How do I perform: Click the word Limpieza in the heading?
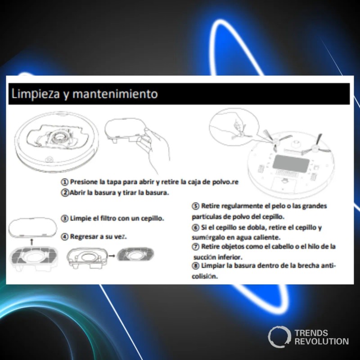click(36, 94)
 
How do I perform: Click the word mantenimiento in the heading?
click(115, 94)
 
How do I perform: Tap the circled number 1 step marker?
click(65, 182)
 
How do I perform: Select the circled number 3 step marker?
click(65, 218)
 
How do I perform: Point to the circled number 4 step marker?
click(65, 237)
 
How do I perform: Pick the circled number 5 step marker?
click(195, 206)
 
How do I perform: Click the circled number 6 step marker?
click(195, 228)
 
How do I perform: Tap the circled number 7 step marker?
click(195, 247)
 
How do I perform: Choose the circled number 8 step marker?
click(195, 266)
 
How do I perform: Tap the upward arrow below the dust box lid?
click(32, 242)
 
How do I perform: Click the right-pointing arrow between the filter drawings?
click(112, 256)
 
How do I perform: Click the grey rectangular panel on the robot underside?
click(290, 163)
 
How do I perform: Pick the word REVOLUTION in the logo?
click(321, 342)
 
